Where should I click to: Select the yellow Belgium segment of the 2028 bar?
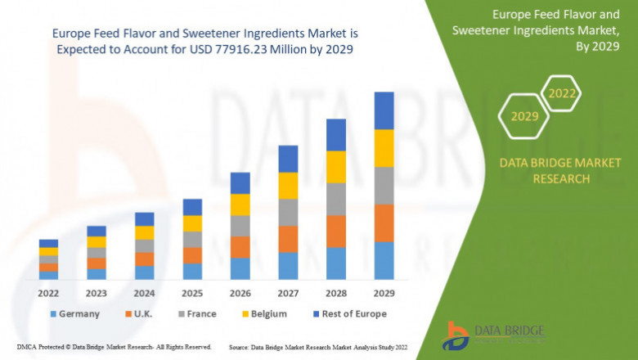point(335,167)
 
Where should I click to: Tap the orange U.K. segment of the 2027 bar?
point(287,239)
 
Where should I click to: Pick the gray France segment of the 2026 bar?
point(240,226)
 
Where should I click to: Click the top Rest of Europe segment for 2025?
point(192,207)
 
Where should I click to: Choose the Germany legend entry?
point(74,313)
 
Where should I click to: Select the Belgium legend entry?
point(264,313)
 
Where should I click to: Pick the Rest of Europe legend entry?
point(348,313)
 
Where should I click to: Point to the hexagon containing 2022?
point(562,93)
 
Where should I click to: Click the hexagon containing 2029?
point(524,116)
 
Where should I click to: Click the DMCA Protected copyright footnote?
point(115,347)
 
